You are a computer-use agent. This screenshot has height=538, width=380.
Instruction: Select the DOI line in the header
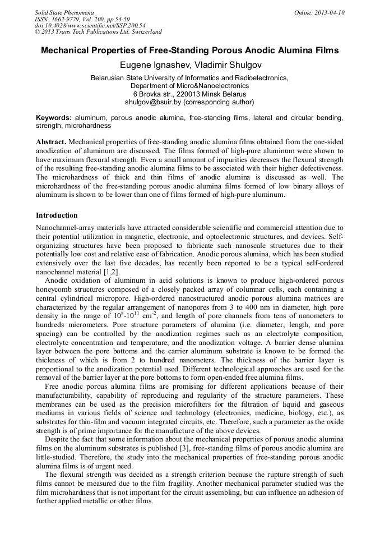coord(90,25)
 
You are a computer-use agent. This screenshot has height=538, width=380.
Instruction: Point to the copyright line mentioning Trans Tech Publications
coord(98,32)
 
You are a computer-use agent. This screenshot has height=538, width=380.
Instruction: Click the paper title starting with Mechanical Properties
coord(189,50)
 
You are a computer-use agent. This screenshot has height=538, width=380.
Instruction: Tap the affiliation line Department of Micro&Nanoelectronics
coord(189,86)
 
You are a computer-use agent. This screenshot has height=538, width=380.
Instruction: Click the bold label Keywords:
coord(54,118)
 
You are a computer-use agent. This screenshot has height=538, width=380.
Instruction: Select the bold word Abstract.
coord(52,142)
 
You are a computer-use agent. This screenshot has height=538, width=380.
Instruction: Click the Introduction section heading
coord(57,215)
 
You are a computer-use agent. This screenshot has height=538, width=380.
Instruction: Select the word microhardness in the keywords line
coord(82,126)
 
